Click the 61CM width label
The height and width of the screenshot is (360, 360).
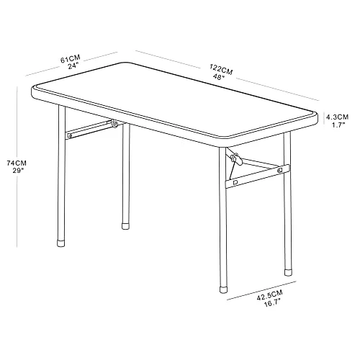71,59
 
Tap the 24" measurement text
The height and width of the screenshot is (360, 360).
73,66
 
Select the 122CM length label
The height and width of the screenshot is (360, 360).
221,69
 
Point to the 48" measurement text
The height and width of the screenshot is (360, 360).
219,77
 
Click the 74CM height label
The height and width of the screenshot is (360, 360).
17,163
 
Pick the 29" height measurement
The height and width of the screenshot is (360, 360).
18,171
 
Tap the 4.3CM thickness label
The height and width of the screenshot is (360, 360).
337,117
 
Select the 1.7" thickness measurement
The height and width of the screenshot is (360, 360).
338,125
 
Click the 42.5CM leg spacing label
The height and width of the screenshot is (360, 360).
270,295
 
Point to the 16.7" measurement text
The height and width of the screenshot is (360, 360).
272,303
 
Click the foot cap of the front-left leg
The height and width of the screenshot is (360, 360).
61,243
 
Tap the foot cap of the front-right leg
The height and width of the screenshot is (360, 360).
224,289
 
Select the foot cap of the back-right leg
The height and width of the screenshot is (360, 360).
289,272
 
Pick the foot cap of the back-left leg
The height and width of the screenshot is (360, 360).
125,226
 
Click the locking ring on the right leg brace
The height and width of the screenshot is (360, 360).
236,160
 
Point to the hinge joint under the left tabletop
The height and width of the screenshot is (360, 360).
115,124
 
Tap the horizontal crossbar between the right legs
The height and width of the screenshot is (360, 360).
258,176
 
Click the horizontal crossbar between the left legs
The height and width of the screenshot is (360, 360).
90,130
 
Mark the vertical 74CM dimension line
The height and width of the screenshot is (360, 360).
17,167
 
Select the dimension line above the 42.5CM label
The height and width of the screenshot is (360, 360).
261,290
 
